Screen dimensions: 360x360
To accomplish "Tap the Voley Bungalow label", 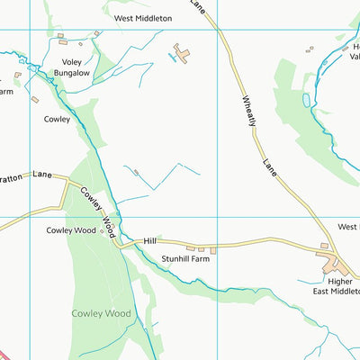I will click(73, 67).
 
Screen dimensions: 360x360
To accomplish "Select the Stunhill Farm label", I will click(185, 259).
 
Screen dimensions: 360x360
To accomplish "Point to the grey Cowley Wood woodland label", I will click(101, 313).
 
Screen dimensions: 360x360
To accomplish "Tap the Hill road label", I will click(150, 241).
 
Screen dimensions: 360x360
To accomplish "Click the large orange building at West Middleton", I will click(183, 54).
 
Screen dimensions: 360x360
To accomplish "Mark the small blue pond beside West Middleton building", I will click(171, 58).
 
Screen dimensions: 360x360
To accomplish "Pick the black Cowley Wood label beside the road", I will click(71, 230).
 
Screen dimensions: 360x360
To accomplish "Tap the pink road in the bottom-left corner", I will click(4, 354).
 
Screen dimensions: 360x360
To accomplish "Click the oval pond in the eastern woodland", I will click(307, 99).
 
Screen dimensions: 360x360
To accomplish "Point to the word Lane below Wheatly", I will click(272, 166).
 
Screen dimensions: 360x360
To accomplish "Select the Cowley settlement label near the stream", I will click(57, 118).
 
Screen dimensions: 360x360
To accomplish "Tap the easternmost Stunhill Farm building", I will click(213, 249).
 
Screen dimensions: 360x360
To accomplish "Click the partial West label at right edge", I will click(348, 227).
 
